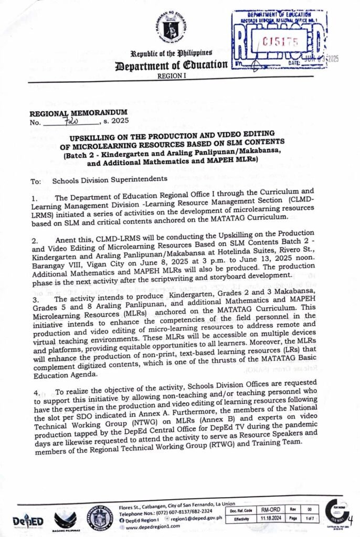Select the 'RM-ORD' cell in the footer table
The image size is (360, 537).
[272, 510]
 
